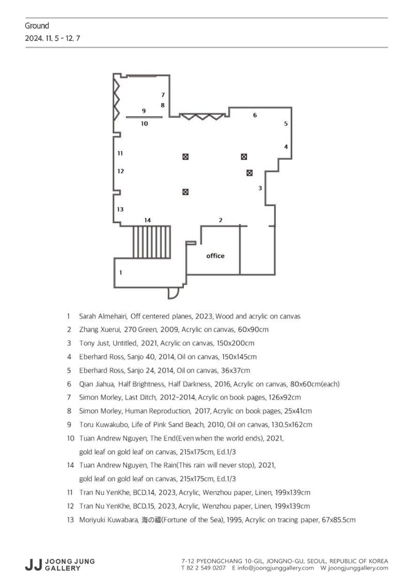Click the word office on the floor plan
(x=215, y=256)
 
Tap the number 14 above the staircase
(x=148, y=220)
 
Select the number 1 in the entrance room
(x=120, y=273)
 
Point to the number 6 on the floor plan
(x=255, y=115)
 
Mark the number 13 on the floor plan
(x=120, y=209)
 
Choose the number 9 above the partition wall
(x=144, y=111)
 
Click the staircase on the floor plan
(x=152, y=242)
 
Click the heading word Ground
(x=37, y=26)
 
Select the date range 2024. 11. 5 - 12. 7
(x=53, y=38)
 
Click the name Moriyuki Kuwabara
(x=108, y=520)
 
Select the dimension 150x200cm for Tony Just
(x=235, y=343)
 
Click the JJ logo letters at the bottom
(x=33, y=564)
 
